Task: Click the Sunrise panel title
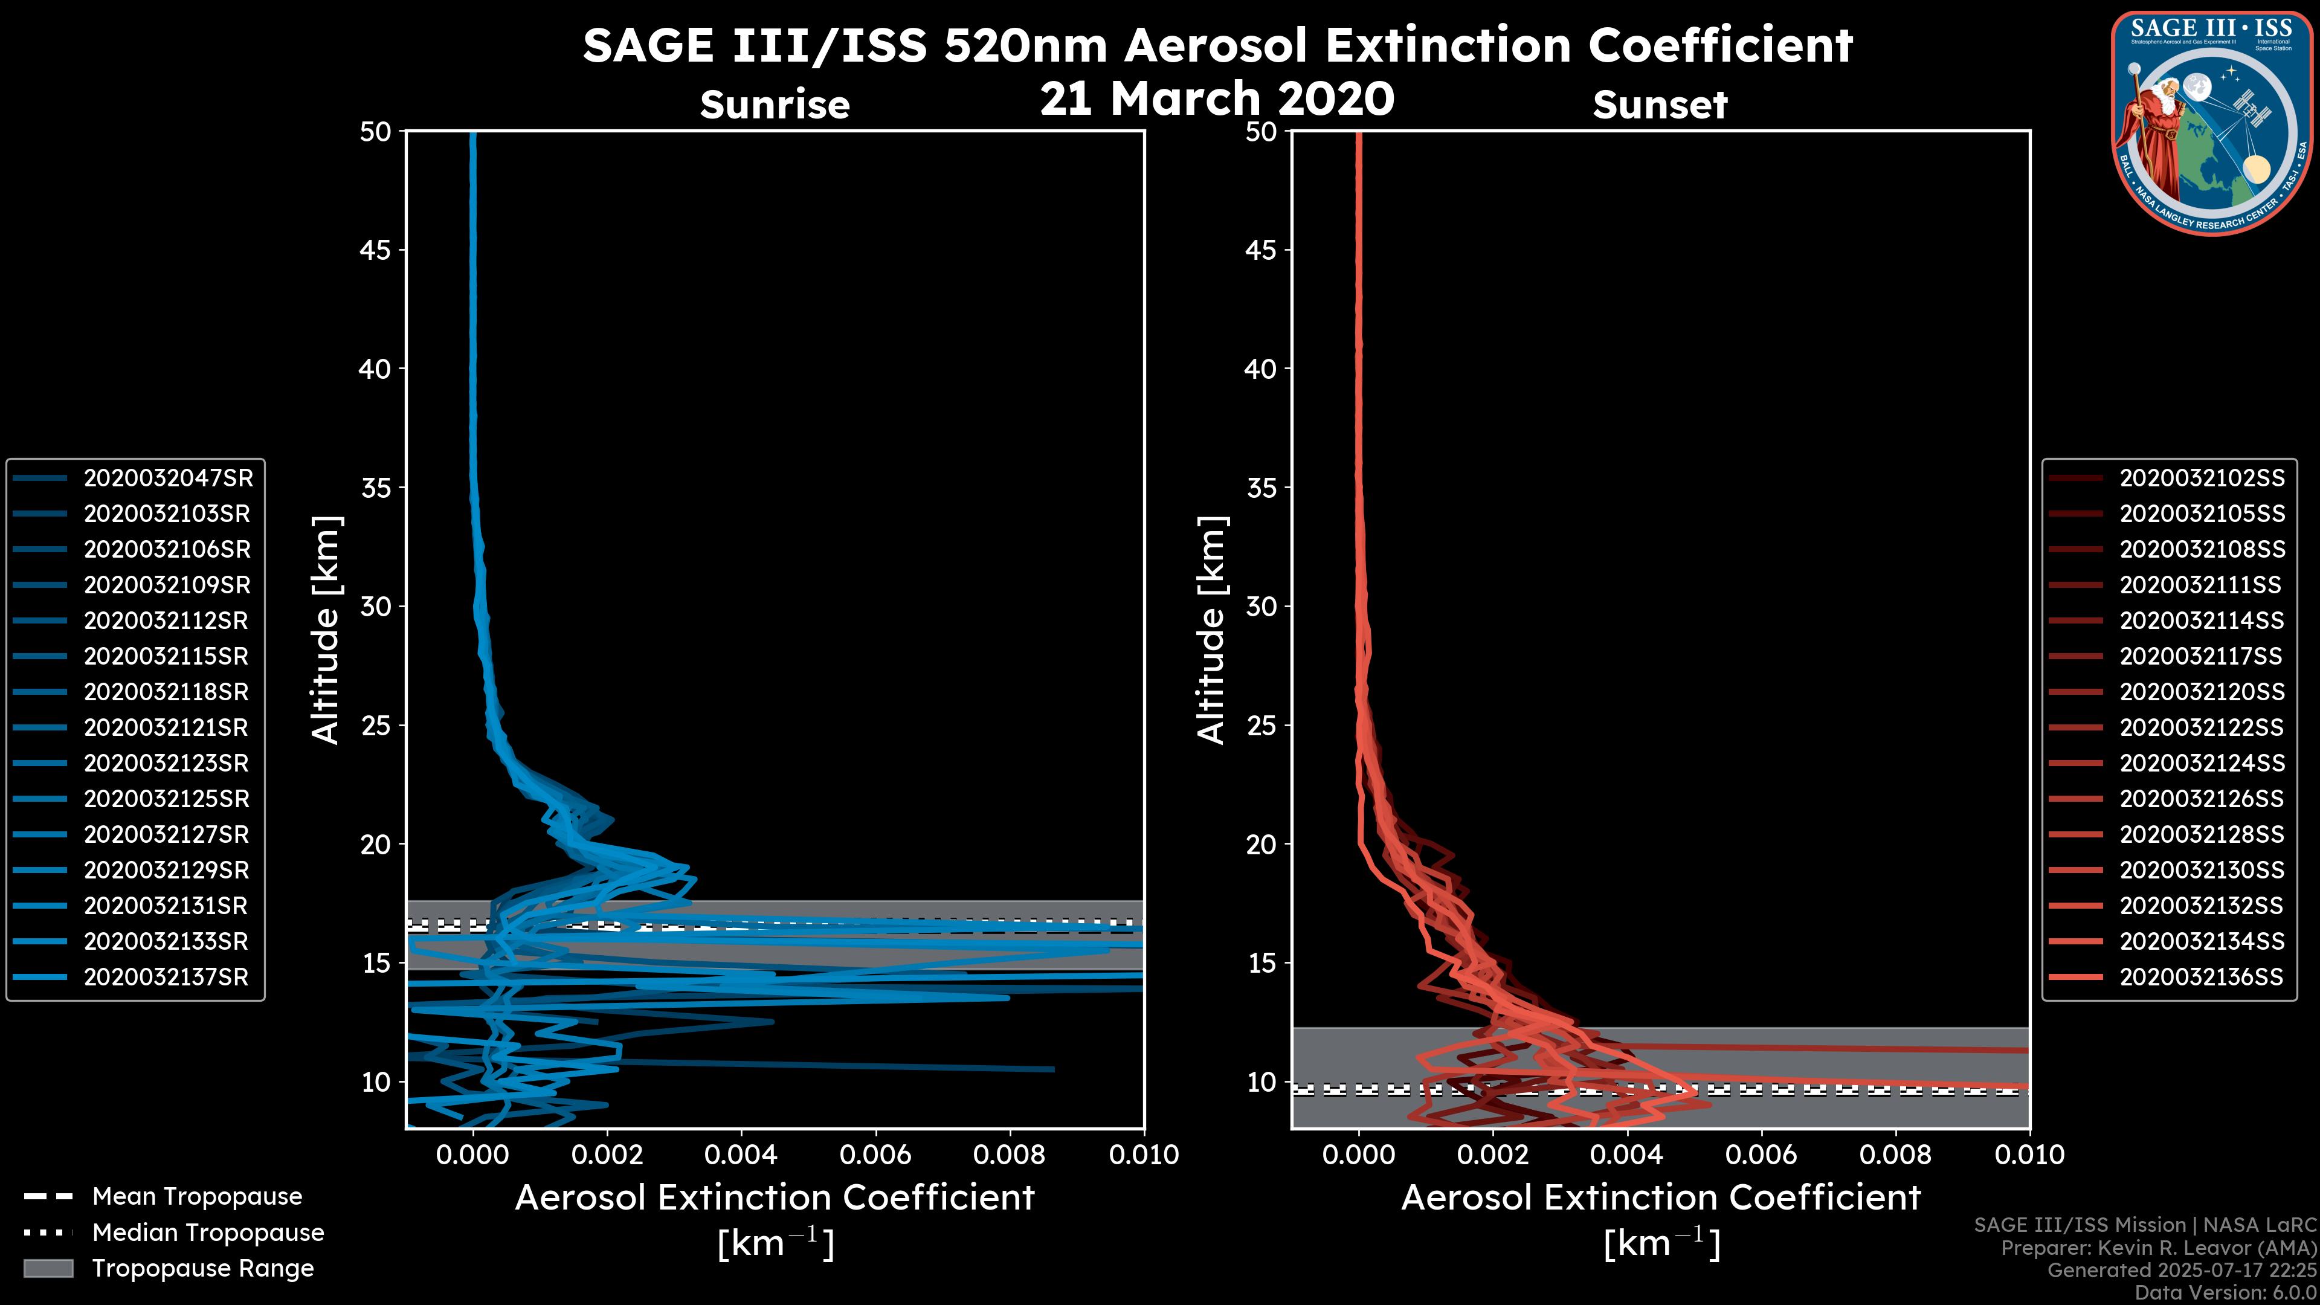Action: [775, 105]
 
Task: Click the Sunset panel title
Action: [1660, 105]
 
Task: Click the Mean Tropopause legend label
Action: [197, 1197]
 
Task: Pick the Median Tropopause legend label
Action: [208, 1233]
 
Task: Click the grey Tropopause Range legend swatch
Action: [48, 1269]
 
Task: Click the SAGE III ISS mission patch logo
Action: [2212, 123]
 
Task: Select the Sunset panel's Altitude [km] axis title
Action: [1211, 630]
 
